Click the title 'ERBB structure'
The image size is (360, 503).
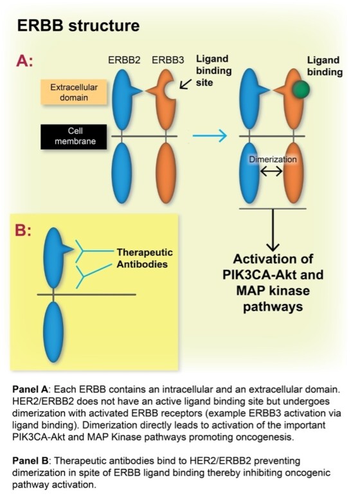coord(78,26)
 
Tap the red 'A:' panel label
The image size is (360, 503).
coord(30,62)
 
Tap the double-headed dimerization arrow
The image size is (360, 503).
coord(270,172)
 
